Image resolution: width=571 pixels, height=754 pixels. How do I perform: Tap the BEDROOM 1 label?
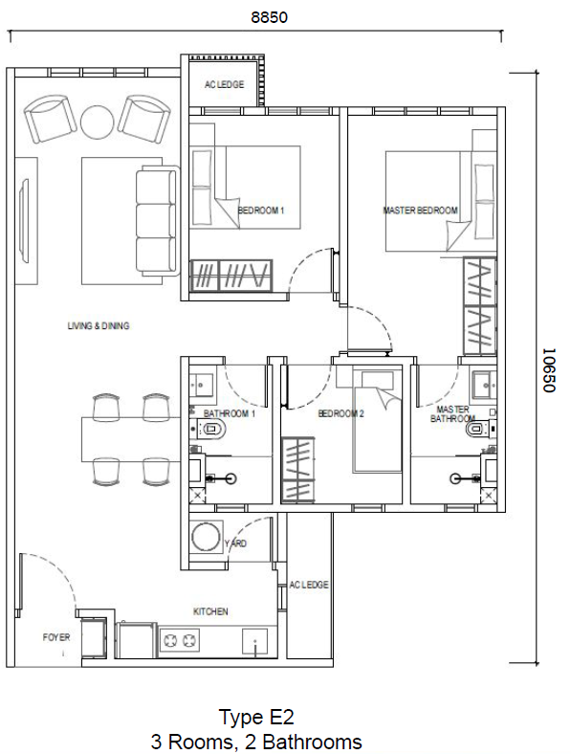coord(261,211)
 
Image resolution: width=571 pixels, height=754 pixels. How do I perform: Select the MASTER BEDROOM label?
coord(420,211)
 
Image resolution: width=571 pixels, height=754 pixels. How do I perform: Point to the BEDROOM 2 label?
coord(341,414)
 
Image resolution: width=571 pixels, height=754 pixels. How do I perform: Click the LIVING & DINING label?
coord(98,326)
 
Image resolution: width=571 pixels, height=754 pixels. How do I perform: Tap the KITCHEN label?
coord(210,611)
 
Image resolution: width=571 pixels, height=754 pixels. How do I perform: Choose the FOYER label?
coord(56,636)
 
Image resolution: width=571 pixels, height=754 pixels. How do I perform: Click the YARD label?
coord(235,543)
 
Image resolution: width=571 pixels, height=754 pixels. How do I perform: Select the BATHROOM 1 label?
coord(230,414)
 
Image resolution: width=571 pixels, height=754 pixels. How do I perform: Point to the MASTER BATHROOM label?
coord(452,414)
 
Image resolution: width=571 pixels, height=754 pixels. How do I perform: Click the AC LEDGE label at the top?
coord(224,85)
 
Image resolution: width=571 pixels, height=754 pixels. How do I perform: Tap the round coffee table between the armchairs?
coord(97,121)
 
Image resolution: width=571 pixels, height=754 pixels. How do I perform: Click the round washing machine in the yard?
coord(206,539)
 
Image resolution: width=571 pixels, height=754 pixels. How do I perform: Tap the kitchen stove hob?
coord(177,638)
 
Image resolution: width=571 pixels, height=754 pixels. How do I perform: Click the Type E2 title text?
coord(255,717)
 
